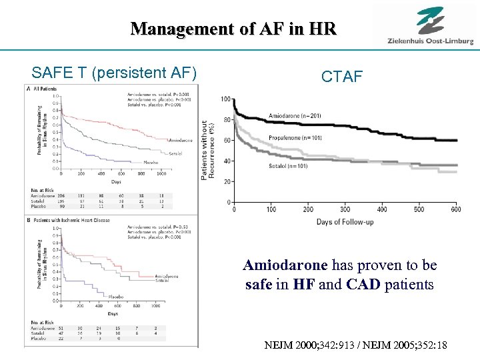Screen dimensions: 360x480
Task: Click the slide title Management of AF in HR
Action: [233, 29]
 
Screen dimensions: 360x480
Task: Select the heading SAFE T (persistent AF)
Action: [114, 71]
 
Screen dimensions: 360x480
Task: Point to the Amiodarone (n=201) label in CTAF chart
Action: [294, 116]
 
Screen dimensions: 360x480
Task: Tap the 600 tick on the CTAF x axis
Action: [455, 209]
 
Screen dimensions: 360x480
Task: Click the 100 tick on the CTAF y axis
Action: [226, 99]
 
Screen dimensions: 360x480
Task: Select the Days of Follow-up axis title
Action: [344, 221]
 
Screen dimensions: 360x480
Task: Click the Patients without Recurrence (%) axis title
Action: [208, 150]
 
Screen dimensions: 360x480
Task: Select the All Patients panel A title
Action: [45, 88]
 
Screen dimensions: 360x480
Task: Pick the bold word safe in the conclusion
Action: [258, 285]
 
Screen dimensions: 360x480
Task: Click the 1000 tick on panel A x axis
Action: [161, 173]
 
